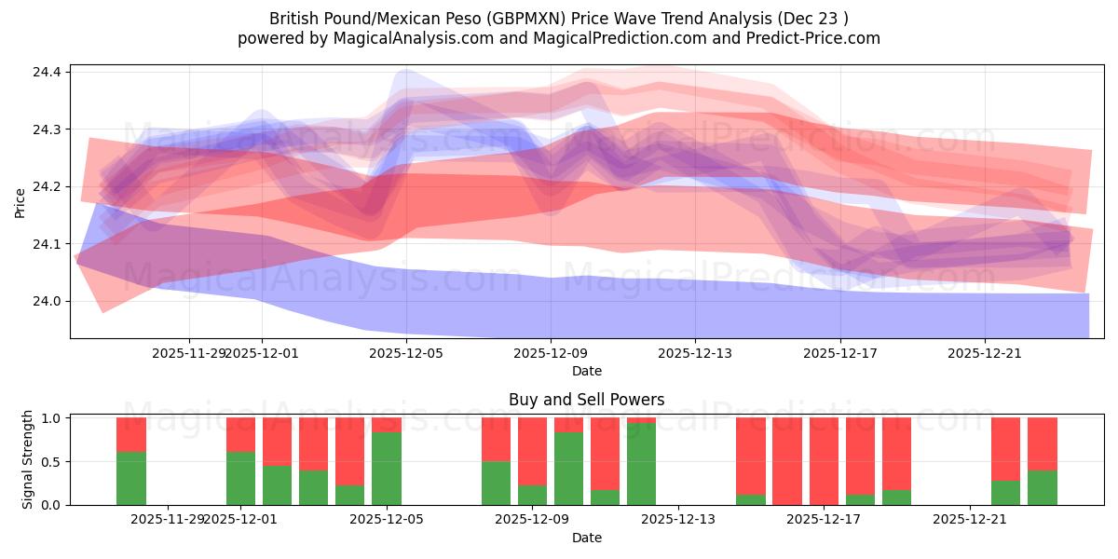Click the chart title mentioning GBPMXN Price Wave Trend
[559, 18]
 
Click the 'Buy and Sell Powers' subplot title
[586, 400]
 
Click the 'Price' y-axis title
[20, 201]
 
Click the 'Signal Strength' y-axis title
[28, 459]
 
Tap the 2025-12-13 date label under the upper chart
[695, 353]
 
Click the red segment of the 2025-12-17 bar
[824, 460]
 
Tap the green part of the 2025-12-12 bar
[642, 464]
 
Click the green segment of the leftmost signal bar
[131, 478]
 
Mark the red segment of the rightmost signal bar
[1043, 443]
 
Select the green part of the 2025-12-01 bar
[240, 478]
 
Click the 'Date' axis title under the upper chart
[586, 371]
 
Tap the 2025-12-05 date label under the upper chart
[406, 353]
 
